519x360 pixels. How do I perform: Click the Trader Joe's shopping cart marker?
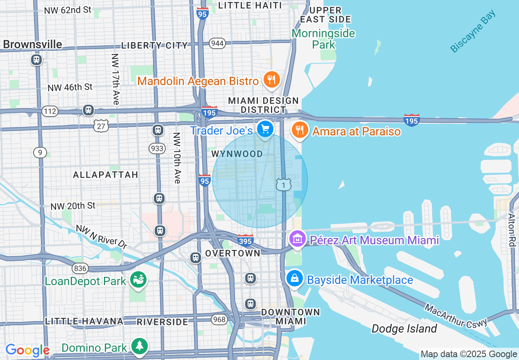pyautogui.click(x=265, y=129)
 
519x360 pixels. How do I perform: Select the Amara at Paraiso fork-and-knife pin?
pyautogui.click(x=300, y=130)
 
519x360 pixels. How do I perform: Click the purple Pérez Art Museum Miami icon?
pyautogui.click(x=297, y=239)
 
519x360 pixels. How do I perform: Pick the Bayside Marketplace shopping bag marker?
pyautogui.click(x=294, y=279)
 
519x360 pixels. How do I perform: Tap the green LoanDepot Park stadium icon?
pyautogui.click(x=138, y=280)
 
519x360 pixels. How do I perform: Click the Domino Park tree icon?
pyautogui.click(x=140, y=346)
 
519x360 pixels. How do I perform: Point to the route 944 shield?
pyautogui.click(x=217, y=43)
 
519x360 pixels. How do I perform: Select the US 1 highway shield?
pyautogui.click(x=283, y=185)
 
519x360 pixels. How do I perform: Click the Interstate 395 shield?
pyautogui.click(x=245, y=240)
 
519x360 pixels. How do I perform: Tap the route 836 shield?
pyautogui.click(x=80, y=268)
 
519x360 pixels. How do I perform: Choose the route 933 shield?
pyautogui.click(x=157, y=148)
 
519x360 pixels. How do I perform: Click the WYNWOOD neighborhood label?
pyautogui.click(x=237, y=154)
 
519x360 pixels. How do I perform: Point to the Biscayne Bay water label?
pyautogui.click(x=473, y=31)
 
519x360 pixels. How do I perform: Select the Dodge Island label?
pyautogui.click(x=404, y=328)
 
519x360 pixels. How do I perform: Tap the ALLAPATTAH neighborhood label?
pyautogui.click(x=106, y=175)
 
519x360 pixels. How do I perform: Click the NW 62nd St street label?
pyautogui.click(x=68, y=10)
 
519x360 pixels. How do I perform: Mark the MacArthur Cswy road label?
pyautogui.click(x=456, y=315)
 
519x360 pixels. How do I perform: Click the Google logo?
pyautogui.click(x=27, y=350)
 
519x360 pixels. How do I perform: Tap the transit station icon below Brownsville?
pyautogui.click(x=36, y=60)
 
